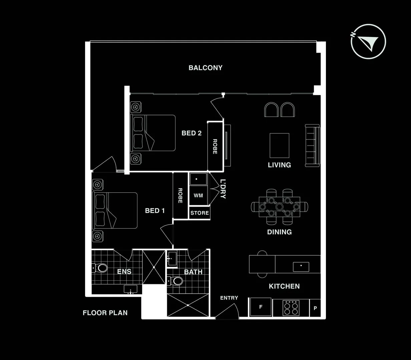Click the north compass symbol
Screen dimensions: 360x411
coord(368,42)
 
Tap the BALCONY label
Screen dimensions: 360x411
coord(205,68)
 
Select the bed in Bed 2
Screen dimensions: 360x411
coord(153,133)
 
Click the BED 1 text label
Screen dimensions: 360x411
coord(154,211)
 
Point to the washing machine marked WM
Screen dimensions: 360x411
coord(198,196)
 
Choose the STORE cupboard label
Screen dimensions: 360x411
coord(199,213)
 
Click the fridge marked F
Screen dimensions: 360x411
coord(261,307)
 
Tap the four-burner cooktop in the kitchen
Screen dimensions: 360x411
coord(290,308)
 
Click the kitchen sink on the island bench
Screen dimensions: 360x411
coord(301,267)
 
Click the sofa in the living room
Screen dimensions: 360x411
coord(313,145)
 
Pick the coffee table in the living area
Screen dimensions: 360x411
coord(279,145)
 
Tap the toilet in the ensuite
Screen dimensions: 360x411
coord(100,268)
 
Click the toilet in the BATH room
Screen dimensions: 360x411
coord(175,281)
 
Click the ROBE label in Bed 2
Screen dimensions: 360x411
coord(215,146)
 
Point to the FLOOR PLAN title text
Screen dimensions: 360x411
coord(105,313)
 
